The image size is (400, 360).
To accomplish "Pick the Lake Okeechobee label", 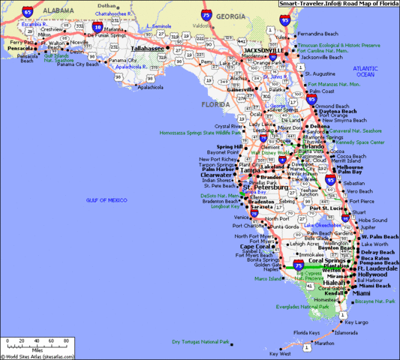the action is [x=320, y=225].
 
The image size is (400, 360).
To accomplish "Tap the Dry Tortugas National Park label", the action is [x=199, y=342].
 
